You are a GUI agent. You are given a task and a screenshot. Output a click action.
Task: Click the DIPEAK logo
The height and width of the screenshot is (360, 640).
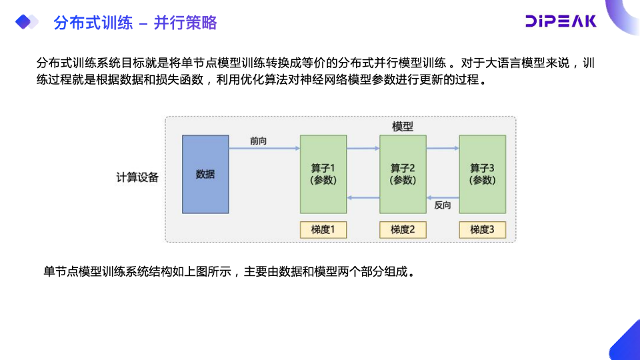coord(560,21)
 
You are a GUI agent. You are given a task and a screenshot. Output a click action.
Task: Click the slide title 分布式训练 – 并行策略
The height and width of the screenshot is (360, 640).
coord(135,23)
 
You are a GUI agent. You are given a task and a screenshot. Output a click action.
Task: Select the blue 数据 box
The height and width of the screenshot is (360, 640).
coord(205,174)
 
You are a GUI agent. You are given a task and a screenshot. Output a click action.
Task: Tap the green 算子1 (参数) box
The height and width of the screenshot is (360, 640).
coord(323,174)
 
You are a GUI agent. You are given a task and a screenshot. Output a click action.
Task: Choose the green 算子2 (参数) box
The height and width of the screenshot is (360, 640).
coord(403,174)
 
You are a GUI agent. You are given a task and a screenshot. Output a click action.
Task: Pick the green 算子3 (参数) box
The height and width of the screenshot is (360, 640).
coord(482,174)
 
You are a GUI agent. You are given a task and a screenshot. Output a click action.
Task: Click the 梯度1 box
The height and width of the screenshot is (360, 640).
coord(323,230)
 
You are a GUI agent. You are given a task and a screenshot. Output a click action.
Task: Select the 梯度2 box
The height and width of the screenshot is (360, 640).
coord(403,230)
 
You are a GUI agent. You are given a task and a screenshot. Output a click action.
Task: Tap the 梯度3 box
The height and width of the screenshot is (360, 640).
coord(482,230)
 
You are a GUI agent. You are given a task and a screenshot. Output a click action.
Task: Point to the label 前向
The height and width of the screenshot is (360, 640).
coord(259,141)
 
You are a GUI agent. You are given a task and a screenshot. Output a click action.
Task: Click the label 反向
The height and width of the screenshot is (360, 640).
coord(442,205)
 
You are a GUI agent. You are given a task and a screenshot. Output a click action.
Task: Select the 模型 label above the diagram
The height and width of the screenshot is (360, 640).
coord(403,127)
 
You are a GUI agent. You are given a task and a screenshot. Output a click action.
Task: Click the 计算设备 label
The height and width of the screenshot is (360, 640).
coord(137,177)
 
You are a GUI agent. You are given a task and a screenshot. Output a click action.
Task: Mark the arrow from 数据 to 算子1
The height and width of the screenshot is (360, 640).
coord(264,150)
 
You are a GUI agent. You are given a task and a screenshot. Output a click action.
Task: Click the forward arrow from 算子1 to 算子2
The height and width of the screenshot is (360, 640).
coord(363,150)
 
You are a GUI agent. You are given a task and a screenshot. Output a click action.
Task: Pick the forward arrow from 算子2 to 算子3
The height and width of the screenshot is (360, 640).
coord(443,150)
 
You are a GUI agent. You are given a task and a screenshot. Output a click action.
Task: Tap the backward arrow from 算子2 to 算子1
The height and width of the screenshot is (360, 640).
coord(363,197)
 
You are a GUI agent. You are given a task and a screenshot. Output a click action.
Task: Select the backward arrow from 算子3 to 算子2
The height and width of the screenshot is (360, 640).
coord(443,197)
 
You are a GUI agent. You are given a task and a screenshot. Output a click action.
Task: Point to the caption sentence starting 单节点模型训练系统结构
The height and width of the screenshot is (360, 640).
coord(229,271)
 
